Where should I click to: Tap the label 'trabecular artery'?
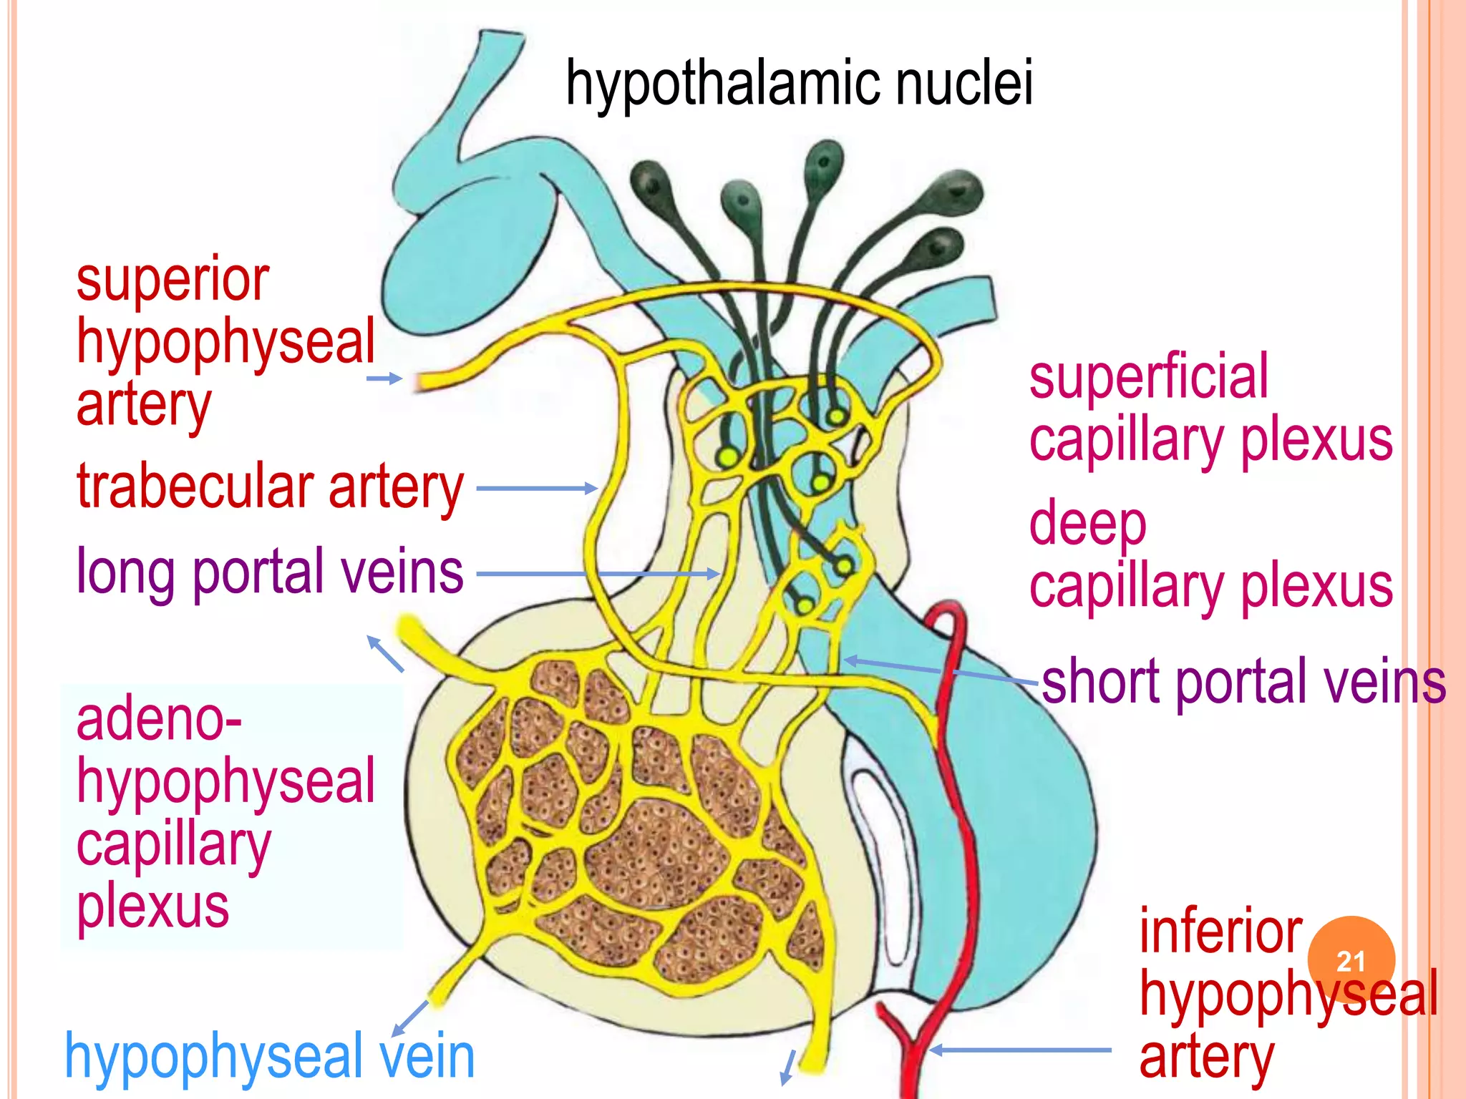point(270,488)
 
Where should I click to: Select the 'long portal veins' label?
point(270,572)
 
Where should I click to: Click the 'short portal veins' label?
point(1243,682)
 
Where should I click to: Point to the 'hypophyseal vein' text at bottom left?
point(270,1057)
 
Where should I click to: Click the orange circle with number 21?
point(1351,960)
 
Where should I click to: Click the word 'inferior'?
point(1220,931)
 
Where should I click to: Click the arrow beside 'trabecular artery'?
point(537,489)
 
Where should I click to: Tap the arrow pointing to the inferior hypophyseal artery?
point(1020,1050)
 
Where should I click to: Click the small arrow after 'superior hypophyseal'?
point(384,378)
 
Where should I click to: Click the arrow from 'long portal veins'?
point(598,574)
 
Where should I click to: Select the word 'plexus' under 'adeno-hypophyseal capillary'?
point(152,907)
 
